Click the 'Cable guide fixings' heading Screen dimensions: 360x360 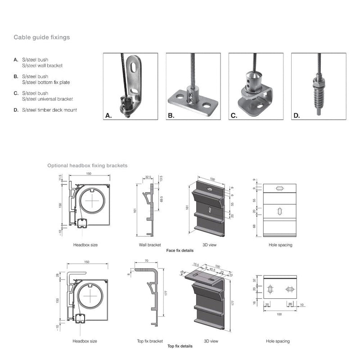tap(41, 37)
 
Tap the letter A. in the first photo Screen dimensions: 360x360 tap(108, 116)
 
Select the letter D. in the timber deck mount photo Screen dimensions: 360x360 tap(296, 116)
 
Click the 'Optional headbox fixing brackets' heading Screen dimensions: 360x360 tap(87, 166)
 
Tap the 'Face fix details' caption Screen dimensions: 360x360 tap(180, 250)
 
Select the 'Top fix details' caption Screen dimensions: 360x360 tap(180, 346)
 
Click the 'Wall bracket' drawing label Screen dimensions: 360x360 tap(150, 245)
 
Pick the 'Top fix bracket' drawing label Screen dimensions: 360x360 tap(150, 341)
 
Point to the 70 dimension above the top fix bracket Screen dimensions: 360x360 tap(148, 261)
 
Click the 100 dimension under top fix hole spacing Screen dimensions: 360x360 tap(279, 314)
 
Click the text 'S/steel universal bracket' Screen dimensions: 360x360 tap(47, 99)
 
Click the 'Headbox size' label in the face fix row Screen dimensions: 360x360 tap(85, 245)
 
